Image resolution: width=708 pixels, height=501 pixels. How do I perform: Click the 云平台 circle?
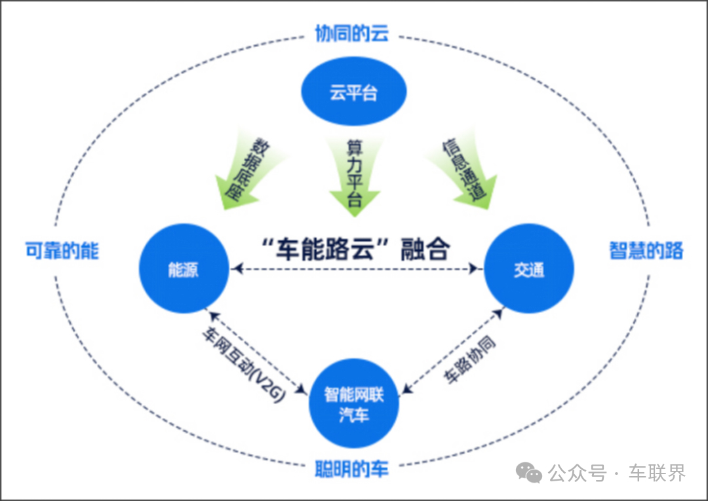tap(353, 92)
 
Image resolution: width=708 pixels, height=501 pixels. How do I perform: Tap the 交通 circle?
tap(528, 269)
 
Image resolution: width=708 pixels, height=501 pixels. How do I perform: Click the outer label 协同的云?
tap(352, 33)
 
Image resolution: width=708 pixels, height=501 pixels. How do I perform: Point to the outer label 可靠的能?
tap(62, 250)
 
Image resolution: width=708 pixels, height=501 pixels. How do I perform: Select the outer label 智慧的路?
tap(646, 250)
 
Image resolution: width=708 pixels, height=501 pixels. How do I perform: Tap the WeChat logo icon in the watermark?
tap(529, 472)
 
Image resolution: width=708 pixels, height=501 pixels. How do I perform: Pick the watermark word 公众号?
tap(577, 473)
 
